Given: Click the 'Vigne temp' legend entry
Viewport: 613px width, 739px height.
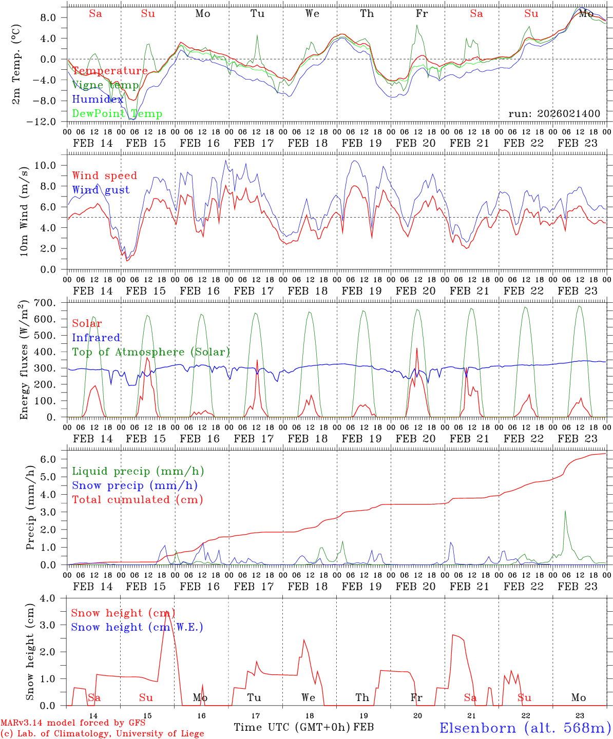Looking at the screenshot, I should click(x=105, y=85).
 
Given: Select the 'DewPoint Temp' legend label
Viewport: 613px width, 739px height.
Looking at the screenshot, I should click(x=117, y=114).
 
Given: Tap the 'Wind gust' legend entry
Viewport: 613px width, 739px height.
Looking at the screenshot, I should click(x=101, y=190).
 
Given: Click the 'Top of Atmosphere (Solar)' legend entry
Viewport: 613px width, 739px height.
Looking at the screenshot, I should click(x=151, y=352).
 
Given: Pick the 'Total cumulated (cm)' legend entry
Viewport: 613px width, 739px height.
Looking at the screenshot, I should click(x=137, y=499).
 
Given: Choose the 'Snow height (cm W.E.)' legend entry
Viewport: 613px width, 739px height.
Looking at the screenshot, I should click(x=137, y=627).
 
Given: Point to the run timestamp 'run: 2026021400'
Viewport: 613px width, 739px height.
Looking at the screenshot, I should click(x=554, y=113).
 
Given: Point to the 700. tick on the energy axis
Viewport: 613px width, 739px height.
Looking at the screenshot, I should click(x=51, y=303).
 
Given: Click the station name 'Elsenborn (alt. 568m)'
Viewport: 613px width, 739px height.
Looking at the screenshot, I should click(x=525, y=728).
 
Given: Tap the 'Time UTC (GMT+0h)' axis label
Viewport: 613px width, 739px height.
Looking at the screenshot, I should click(x=292, y=727).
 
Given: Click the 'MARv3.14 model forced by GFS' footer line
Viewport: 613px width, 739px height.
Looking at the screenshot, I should click(x=73, y=723).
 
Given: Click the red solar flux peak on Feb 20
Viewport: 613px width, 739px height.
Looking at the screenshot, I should click(x=417, y=348).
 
